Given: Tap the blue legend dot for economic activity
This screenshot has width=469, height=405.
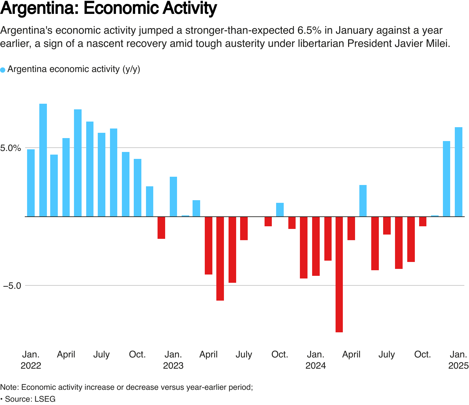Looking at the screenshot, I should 3,70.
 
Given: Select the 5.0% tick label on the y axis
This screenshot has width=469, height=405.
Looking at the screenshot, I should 11,148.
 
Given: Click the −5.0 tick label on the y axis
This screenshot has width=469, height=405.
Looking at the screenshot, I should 13,286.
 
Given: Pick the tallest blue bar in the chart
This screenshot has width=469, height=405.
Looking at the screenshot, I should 43,160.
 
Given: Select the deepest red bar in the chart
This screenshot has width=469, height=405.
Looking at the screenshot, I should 339,274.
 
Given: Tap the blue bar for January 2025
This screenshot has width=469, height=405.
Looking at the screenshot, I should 458,172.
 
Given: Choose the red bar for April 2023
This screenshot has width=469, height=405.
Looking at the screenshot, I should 208,245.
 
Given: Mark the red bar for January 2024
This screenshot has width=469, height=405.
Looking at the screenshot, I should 316,246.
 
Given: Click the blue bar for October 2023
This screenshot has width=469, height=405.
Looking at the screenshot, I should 280,210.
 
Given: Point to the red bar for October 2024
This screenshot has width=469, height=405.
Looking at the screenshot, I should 423,222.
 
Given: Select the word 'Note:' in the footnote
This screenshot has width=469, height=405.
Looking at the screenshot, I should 10,387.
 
